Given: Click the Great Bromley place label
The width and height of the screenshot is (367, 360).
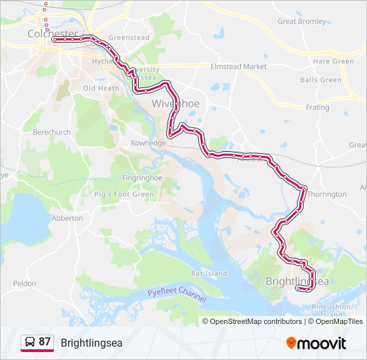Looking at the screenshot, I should pyautogui.click(x=302, y=21).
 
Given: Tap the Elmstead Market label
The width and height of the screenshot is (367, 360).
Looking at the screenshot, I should pyautogui.click(x=238, y=67).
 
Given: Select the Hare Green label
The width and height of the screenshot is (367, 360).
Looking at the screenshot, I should pyautogui.click(x=333, y=61).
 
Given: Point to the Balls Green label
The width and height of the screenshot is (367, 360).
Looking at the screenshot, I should pyautogui.click(x=320, y=80).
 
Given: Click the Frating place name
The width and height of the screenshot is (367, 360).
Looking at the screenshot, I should pyautogui.click(x=318, y=107).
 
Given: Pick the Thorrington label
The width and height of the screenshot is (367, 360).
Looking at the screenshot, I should pyautogui.click(x=327, y=195).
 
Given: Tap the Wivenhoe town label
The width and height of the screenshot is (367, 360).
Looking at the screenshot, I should pyautogui.click(x=175, y=103).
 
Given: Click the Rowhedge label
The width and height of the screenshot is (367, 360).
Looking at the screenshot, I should pyautogui.click(x=147, y=143).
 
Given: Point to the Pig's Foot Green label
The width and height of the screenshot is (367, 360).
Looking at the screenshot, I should pyautogui.click(x=124, y=195).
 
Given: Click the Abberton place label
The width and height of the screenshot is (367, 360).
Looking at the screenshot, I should pyautogui.click(x=67, y=218).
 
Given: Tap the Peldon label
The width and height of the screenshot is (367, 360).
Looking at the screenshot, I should pyautogui.click(x=25, y=283).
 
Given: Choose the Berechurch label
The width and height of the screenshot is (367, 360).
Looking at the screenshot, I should pyautogui.click(x=52, y=132).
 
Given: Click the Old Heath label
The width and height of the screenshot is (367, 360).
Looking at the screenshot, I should pyautogui.click(x=101, y=88).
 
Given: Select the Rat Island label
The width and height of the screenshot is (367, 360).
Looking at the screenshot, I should pyautogui.click(x=209, y=273).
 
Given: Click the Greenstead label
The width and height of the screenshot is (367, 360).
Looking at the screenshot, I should pyautogui.click(x=128, y=38).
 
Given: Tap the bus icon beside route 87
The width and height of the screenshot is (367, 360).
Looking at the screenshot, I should pyautogui.click(x=29, y=343).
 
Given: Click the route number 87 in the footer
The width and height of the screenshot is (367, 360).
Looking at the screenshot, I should pyautogui.click(x=45, y=342).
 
